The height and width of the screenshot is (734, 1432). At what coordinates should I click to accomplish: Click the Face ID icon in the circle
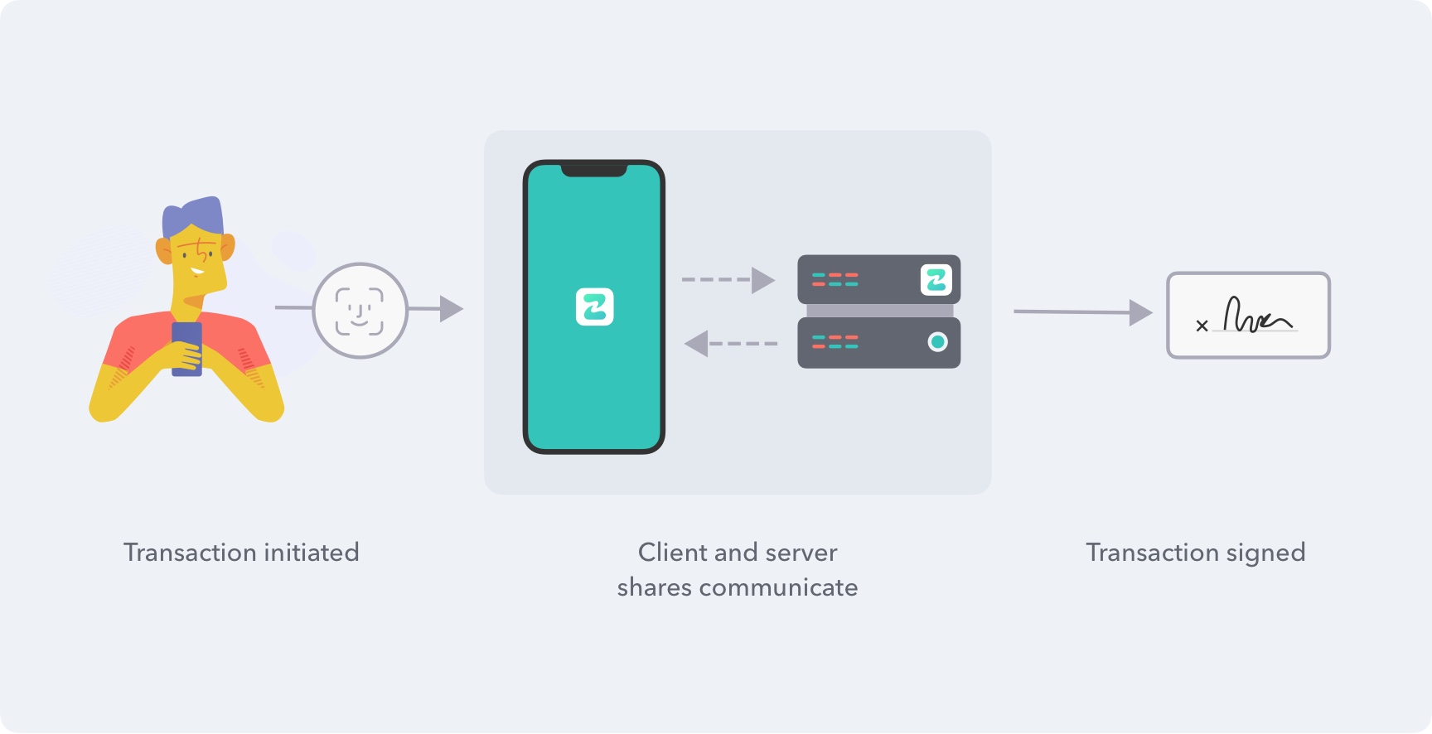click(360, 311)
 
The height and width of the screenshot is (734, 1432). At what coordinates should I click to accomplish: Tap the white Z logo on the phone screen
click(594, 307)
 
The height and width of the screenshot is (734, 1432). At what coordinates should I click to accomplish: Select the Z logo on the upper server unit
click(936, 280)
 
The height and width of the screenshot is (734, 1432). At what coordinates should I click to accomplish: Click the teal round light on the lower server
click(937, 341)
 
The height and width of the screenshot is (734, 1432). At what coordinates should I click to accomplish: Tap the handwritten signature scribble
click(1255, 316)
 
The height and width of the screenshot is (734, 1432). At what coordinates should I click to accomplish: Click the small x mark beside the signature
click(1202, 326)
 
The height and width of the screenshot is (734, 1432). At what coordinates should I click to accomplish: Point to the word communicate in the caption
click(778, 587)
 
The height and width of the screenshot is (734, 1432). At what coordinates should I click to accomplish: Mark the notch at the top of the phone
click(593, 170)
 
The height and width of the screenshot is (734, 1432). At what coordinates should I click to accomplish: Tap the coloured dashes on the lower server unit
click(835, 341)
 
